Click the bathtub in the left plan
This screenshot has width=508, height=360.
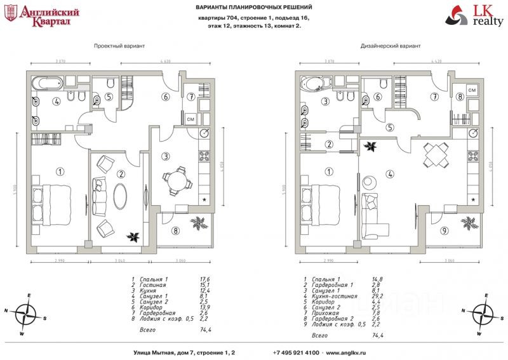(x=47, y=83)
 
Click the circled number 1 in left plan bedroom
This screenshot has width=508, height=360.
(x=60, y=171)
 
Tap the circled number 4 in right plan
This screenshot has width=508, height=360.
(x=391, y=173)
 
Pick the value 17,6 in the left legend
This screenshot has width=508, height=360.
(x=204, y=279)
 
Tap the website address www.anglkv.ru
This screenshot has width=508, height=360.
(x=347, y=352)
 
